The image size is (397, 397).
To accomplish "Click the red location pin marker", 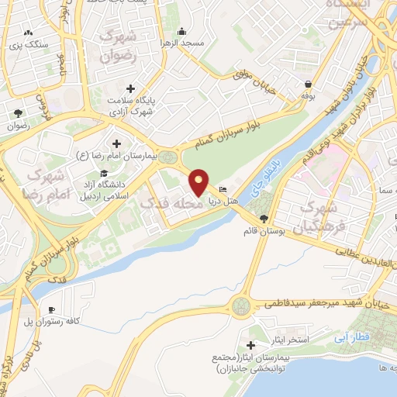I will [x=200, y=181].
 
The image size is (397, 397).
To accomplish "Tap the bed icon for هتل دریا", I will [x=223, y=190].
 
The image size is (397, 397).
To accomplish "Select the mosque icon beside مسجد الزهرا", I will [x=181, y=31].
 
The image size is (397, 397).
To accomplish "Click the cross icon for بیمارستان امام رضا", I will [x=116, y=143].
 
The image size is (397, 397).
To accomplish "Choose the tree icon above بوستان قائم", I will [x=265, y=218].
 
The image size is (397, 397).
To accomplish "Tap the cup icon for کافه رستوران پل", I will [x=52, y=309].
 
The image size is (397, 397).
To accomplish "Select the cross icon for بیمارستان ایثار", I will [x=250, y=344].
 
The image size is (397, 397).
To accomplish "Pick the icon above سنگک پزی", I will [x=29, y=33].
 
